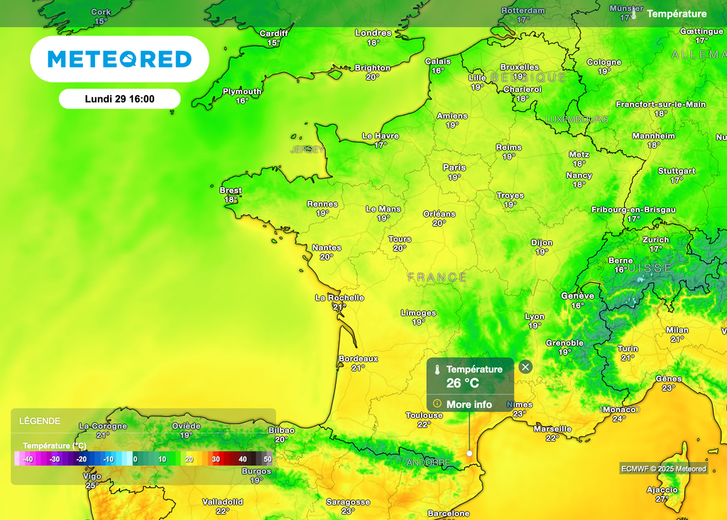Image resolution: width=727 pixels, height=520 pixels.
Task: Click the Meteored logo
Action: point(119,59)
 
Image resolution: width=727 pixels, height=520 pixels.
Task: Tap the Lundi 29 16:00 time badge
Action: point(119,99)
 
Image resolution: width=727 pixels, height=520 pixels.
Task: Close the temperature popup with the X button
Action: point(525,367)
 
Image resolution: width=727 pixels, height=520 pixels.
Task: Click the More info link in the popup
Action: point(469,404)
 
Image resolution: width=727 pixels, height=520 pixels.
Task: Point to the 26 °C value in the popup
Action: point(462,384)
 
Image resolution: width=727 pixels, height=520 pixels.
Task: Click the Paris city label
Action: point(454,167)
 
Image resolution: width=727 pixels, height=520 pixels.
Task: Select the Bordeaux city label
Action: point(358,359)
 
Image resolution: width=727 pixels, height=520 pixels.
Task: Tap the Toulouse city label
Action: point(424,416)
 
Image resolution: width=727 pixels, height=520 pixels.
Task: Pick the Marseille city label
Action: point(552,428)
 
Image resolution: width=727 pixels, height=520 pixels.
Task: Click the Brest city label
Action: point(231,190)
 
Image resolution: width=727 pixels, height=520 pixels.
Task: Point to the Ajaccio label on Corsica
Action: point(662,489)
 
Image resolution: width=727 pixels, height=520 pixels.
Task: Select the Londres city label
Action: point(373,33)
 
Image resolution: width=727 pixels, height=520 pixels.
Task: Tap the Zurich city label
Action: point(655,240)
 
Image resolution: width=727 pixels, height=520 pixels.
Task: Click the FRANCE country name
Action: point(437,277)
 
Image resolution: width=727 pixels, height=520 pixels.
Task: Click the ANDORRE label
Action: point(428,463)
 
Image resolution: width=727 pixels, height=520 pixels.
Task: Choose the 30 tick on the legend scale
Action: point(216,460)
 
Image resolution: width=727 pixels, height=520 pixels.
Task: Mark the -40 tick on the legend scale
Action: point(28,460)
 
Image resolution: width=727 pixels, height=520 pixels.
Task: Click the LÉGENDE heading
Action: point(40,421)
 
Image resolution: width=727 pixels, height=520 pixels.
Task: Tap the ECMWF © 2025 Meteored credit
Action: point(664,469)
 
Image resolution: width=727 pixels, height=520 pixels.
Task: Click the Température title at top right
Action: point(677,13)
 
